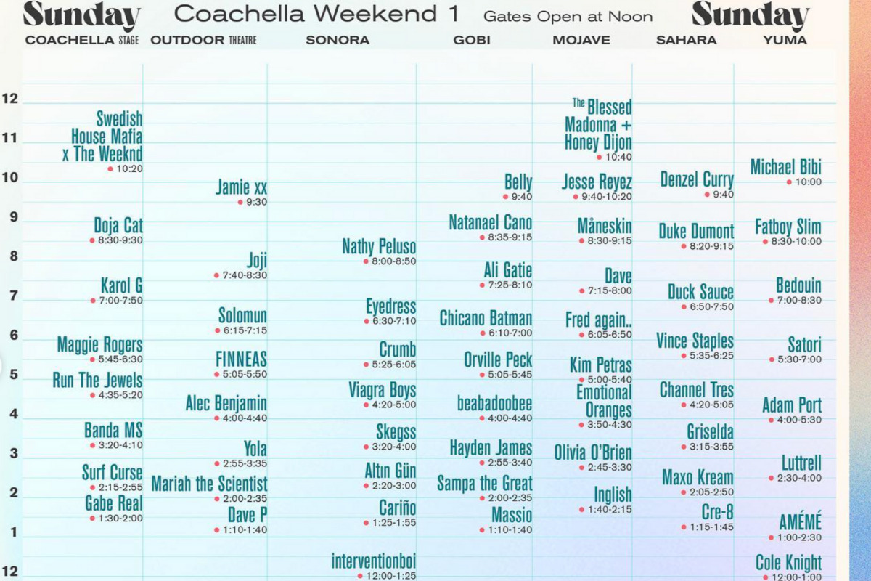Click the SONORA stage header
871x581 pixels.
coord(338,40)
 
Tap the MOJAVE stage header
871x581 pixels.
coord(581,40)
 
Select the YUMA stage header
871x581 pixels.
coord(785,40)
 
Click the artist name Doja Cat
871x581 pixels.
coord(118,226)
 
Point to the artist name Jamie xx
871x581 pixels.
coord(242,187)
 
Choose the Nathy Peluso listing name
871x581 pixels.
coord(379,246)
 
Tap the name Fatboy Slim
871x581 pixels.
coord(788,227)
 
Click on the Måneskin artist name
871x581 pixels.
coord(605,226)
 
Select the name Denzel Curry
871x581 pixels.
coord(697,179)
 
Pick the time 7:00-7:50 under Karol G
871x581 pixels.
coord(121,301)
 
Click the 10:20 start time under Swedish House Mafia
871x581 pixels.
coord(130,169)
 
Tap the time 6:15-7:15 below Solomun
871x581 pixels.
coord(245,330)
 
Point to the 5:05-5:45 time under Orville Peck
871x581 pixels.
coord(510,375)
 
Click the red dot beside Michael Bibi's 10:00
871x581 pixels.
coord(789,182)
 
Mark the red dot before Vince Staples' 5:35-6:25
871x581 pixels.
coord(684,356)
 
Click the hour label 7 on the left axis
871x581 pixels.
coord(14,296)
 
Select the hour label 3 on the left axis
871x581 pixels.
coord(14,453)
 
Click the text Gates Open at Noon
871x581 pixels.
coord(568,17)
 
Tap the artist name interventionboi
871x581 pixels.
coord(374,561)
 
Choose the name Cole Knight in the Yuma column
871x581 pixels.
coord(788,562)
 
